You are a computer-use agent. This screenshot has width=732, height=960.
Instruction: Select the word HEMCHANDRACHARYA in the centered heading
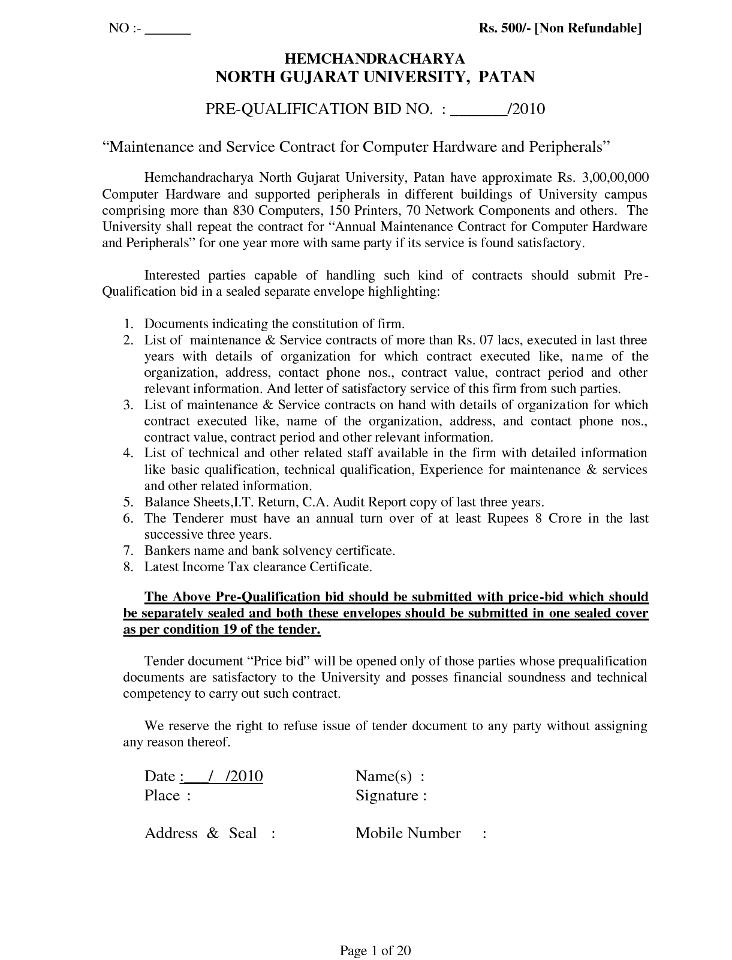coord(374,59)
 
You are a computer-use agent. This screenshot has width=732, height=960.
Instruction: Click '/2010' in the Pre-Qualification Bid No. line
coord(526,109)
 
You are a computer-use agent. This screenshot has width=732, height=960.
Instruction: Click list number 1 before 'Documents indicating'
coord(128,324)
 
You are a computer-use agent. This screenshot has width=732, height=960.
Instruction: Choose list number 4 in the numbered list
coord(128,453)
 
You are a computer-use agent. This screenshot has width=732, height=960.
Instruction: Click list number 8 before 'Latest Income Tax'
coord(128,567)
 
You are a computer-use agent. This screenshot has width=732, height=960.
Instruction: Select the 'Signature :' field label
coord(391,796)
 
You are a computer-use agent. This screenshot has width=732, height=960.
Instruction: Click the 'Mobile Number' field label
coord(408,833)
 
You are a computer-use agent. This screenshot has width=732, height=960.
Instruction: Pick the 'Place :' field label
coord(167,796)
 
